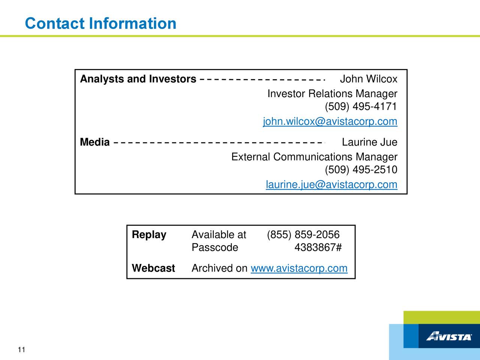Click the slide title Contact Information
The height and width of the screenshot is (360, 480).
tap(100, 23)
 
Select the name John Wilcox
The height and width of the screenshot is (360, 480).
tap(369, 79)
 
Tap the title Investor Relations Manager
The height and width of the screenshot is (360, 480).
tap(332, 93)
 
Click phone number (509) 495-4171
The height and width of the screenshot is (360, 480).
tap(361, 106)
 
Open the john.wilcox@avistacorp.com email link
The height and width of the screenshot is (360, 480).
tap(330, 121)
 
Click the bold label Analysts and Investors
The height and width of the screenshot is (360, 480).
tap(138, 79)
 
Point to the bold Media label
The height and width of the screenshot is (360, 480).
tap(95, 142)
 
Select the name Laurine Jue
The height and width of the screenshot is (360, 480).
tap(370, 142)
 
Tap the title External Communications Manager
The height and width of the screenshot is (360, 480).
tap(314, 157)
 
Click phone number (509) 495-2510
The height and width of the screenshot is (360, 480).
tap(361, 170)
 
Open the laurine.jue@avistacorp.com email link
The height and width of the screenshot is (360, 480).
tap(331, 185)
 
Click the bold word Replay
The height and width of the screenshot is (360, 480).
tap(149, 235)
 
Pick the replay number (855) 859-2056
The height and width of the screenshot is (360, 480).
tap(303, 235)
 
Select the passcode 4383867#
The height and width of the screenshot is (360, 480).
tap(318, 247)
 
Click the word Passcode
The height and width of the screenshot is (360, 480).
tap(215, 247)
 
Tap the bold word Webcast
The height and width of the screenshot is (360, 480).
tap(153, 268)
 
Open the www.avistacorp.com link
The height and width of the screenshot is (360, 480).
tap(299, 268)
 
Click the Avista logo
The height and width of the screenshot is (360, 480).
tap(449, 336)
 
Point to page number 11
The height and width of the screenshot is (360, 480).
tap(21, 350)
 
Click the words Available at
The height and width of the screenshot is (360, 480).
tap(219, 235)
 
